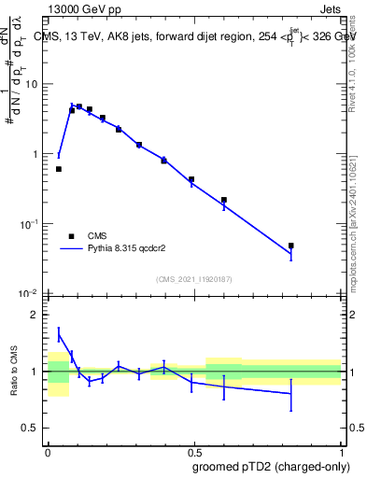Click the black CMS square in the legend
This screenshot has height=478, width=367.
click(71, 236)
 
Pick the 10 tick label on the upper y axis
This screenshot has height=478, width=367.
click(31, 84)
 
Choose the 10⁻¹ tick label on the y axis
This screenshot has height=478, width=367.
click(28, 224)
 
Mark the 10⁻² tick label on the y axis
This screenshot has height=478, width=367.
click(28, 294)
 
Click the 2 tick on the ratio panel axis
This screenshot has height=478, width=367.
click(36, 315)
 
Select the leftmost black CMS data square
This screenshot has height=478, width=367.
click(59, 169)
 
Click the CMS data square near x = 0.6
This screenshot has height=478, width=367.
click(224, 200)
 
